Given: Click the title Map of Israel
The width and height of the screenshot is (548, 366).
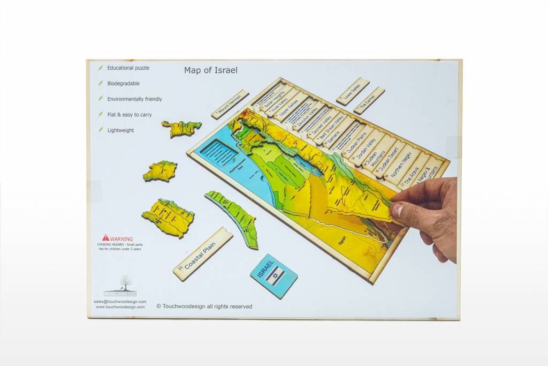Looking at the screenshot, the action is [x=210, y=70].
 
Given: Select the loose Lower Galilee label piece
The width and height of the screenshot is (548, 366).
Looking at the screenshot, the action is [x=353, y=90].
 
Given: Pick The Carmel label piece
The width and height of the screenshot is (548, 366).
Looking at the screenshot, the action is [x=369, y=100].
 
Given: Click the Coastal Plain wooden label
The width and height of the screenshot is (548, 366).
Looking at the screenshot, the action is [x=203, y=253].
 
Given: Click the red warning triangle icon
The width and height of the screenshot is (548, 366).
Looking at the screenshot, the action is [x=105, y=237].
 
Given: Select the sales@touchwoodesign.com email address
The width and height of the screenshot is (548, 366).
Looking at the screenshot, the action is [x=119, y=302].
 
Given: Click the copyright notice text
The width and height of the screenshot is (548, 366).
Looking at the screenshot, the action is [x=204, y=307].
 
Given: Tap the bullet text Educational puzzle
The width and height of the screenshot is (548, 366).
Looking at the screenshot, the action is [x=128, y=68].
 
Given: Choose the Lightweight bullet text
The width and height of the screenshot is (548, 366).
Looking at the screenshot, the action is [x=120, y=130].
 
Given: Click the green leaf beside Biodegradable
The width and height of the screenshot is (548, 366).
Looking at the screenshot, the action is [x=100, y=84].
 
